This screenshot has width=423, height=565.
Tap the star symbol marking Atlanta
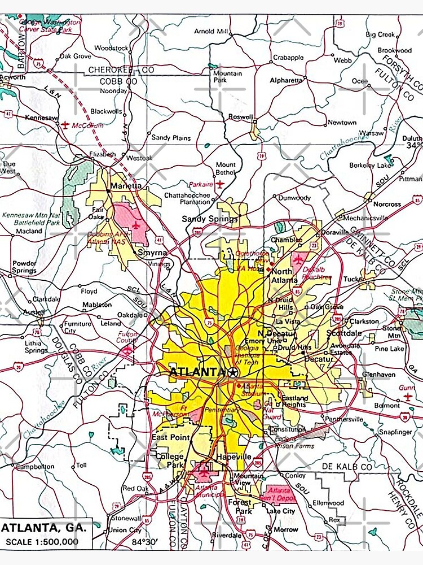[233, 372]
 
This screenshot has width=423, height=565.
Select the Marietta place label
[126, 186]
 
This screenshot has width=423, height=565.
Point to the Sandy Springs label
[201, 219]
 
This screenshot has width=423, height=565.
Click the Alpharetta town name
[286, 81]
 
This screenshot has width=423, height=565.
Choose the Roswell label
[240, 117]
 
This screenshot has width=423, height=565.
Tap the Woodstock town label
[111, 48]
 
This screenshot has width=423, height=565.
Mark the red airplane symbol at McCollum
[65, 125]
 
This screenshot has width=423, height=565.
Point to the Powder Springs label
[24, 267]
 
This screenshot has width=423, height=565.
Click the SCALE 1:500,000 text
[42, 542]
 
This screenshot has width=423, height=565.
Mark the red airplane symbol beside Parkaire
[220, 184]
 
